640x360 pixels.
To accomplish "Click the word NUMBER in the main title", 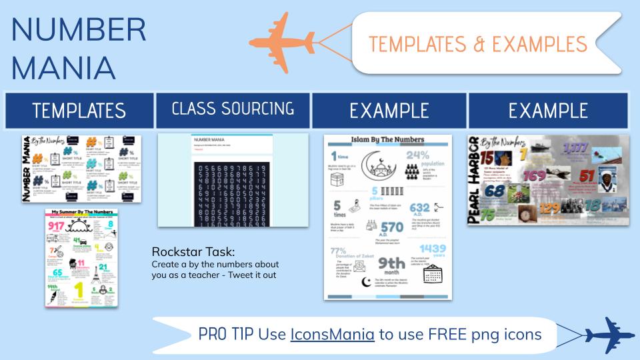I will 79,29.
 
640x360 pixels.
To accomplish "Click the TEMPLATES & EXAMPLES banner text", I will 477,44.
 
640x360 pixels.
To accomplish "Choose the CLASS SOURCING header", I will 233,108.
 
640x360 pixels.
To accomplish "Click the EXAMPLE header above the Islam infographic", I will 389,110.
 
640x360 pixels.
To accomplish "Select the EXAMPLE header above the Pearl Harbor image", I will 547,110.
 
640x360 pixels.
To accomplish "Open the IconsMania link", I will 332,334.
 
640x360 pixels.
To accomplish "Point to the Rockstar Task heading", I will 193,252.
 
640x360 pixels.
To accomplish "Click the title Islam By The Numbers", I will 388,140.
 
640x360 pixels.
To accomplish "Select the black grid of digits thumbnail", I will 233,190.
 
